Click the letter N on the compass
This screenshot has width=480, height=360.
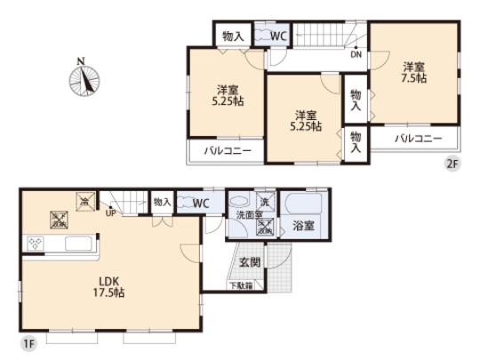click(x=81, y=60)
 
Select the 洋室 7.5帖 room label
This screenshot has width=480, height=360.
click(x=412, y=72)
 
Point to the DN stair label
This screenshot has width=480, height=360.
click(x=356, y=54)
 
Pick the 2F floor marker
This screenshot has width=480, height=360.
click(x=452, y=164)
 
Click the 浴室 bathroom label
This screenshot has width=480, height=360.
click(x=303, y=226)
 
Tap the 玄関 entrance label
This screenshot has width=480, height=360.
click(x=250, y=262)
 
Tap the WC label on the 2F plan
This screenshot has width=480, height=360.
click(x=277, y=36)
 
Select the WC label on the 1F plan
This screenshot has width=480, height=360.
click(x=200, y=203)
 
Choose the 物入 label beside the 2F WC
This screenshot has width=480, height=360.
click(x=234, y=36)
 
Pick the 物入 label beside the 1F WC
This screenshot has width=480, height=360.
click(x=163, y=203)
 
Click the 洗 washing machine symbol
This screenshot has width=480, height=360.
click(x=265, y=200)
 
